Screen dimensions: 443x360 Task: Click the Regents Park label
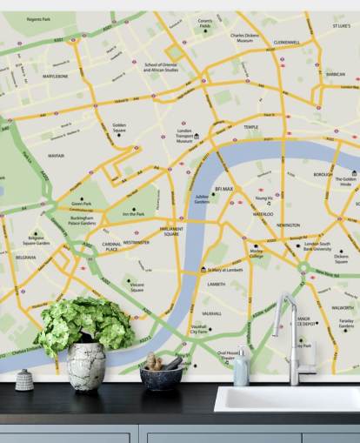(39, 18)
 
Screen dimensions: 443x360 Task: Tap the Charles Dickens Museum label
(245, 38)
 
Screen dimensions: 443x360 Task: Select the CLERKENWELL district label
(286, 42)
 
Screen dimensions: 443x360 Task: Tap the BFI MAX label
(223, 189)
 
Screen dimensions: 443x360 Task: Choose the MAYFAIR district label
(57, 156)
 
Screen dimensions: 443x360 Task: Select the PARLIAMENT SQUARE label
(170, 232)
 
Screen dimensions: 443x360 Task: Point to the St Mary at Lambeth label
(230, 270)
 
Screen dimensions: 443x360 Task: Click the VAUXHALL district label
(211, 312)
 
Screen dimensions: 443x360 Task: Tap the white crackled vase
(86, 366)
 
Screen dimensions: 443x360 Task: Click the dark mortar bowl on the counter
(162, 376)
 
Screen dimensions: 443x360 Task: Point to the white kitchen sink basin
(287, 399)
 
